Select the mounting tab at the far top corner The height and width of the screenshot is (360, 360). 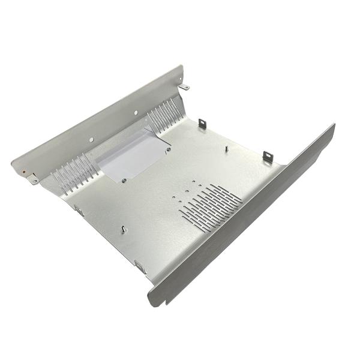click(x=185, y=88)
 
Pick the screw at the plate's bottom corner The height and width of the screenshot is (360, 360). click(x=124, y=179)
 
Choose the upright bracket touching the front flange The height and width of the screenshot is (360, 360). click(x=268, y=156)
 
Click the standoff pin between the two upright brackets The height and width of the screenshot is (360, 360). click(x=227, y=148)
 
